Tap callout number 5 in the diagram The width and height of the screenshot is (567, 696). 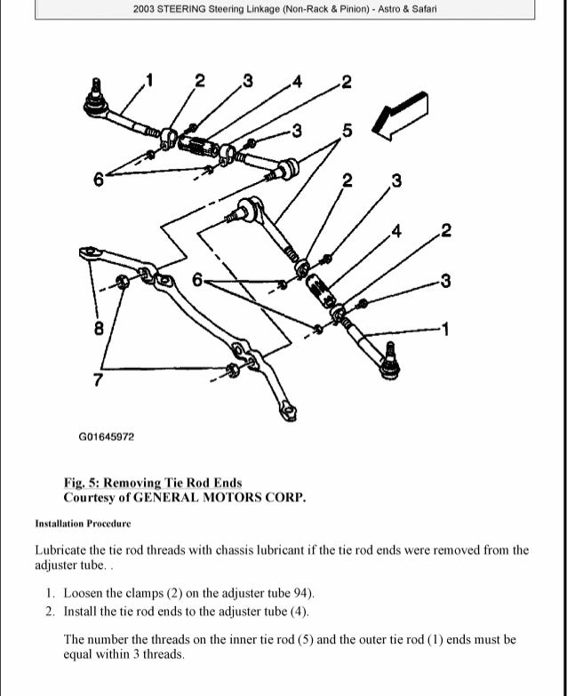point(347,132)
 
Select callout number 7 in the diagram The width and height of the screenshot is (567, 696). point(99,381)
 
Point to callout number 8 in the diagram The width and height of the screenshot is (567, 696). point(99,328)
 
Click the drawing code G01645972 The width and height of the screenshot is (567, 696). point(106,437)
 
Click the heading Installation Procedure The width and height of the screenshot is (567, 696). point(83,524)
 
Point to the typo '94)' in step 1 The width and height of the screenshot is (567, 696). point(302,593)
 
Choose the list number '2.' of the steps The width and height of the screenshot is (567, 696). point(50,611)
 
